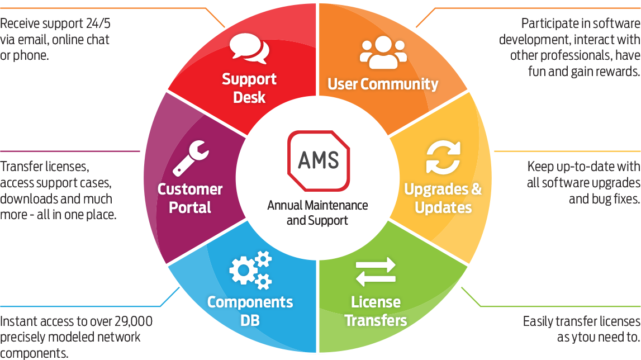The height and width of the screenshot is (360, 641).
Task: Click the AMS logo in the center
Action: [318, 161]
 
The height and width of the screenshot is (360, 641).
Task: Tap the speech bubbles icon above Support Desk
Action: [249, 49]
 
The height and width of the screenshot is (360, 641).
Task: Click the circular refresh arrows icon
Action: [443, 158]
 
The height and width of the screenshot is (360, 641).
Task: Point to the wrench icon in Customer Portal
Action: [191, 158]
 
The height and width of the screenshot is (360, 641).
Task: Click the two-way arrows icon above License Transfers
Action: [376, 272]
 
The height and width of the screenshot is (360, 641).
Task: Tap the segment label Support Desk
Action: [249, 88]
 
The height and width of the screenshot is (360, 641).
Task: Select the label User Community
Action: [383, 84]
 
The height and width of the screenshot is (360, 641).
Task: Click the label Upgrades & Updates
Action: [443, 198]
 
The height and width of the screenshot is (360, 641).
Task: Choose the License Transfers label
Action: [376, 311]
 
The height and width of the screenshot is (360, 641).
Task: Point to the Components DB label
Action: [250, 311]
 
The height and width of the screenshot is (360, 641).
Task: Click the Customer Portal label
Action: [190, 198]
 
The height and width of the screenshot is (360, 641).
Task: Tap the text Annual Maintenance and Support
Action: [317, 212]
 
